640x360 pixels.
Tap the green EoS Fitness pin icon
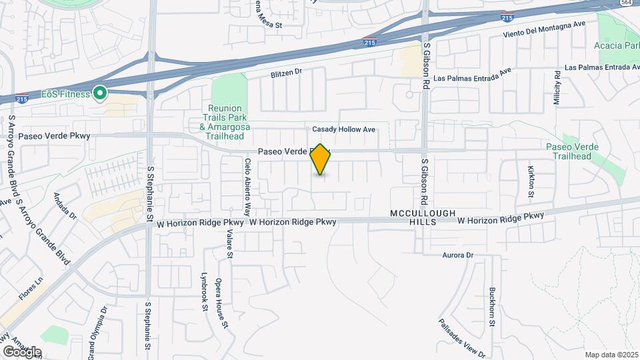(100, 93)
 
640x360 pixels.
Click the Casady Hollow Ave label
(344, 129)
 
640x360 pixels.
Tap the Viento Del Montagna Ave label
(544, 32)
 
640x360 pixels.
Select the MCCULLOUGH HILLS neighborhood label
(423, 217)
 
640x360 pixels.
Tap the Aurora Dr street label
(457, 255)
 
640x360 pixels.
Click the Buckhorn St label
(491, 307)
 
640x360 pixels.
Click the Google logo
(22, 352)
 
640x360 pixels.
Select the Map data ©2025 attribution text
(611, 355)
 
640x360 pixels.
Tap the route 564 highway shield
(626, 3)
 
